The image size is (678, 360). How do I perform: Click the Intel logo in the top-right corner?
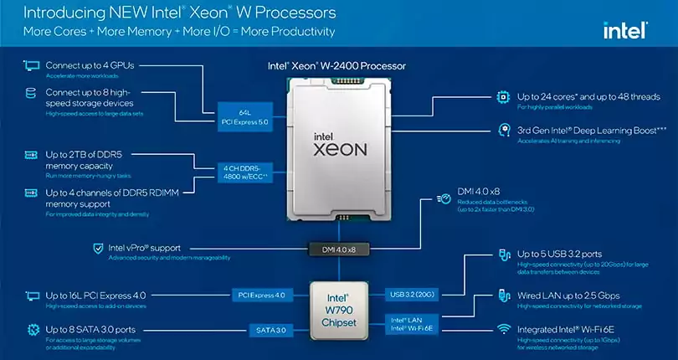pos(624,31)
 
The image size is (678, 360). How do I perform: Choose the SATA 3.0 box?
pos(270,331)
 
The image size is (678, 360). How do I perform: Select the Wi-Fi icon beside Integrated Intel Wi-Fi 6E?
pos(503,330)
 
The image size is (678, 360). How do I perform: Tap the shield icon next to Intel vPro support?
pos(99,249)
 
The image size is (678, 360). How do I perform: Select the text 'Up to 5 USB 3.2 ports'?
pos(559,254)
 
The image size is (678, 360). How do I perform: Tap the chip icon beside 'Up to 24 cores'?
pos(503,97)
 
